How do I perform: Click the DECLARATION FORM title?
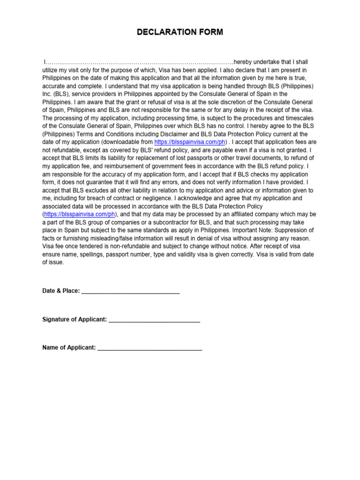180,32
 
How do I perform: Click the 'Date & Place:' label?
61,291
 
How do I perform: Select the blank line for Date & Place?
130,292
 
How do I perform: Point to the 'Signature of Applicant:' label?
75,320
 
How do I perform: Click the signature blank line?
154,320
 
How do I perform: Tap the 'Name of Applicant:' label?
69,348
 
